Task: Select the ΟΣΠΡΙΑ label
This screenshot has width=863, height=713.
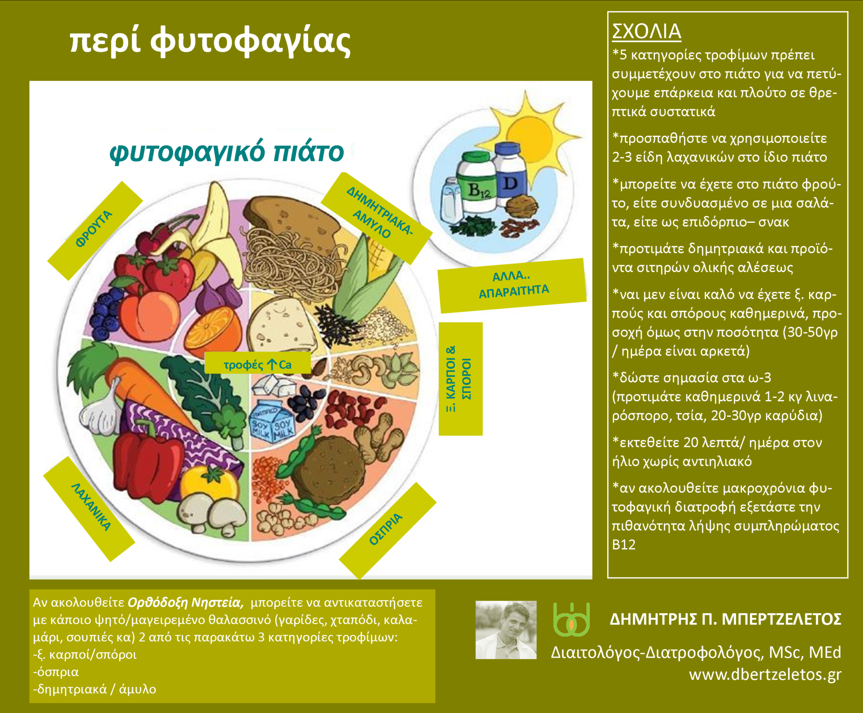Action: click(387, 530)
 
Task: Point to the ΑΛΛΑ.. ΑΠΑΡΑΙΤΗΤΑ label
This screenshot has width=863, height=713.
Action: click(512, 285)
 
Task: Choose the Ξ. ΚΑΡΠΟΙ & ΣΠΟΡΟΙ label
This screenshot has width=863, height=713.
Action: click(460, 379)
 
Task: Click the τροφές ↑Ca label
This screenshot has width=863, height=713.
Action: click(258, 364)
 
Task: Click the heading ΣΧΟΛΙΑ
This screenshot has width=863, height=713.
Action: click(646, 31)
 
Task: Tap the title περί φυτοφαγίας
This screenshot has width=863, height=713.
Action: click(210, 42)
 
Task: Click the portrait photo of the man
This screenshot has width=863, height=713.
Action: click(506, 630)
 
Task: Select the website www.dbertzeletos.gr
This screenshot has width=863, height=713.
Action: click(765, 674)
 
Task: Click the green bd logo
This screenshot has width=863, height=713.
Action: click(571, 620)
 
